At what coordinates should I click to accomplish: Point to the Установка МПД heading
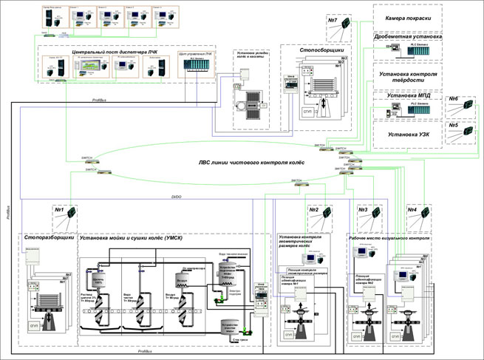pyautogui.click(x=408, y=96)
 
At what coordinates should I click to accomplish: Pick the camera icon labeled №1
pyautogui.click(x=70, y=214)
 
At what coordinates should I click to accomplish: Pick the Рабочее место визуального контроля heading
pyautogui.click(x=388, y=238)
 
